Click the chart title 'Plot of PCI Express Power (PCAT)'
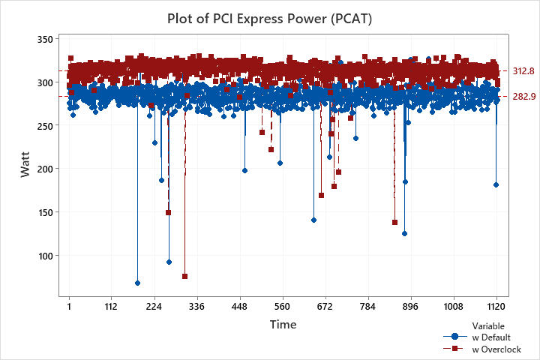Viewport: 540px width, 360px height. (x=269, y=17)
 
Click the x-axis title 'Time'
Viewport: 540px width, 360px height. (x=283, y=325)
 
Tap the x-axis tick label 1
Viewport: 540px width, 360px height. (x=70, y=306)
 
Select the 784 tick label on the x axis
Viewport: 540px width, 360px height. (x=367, y=306)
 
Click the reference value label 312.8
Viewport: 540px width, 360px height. (x=523, y=71)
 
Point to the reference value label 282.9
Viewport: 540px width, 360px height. (x=523, y=97)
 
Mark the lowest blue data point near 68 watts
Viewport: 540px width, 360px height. (x=137, y=283)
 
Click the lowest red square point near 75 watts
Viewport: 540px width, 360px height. (x=184, y=277)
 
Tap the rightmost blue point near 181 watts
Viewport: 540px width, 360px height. (x=496, y=184)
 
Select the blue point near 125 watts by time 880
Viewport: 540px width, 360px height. (x=404, y=233)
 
